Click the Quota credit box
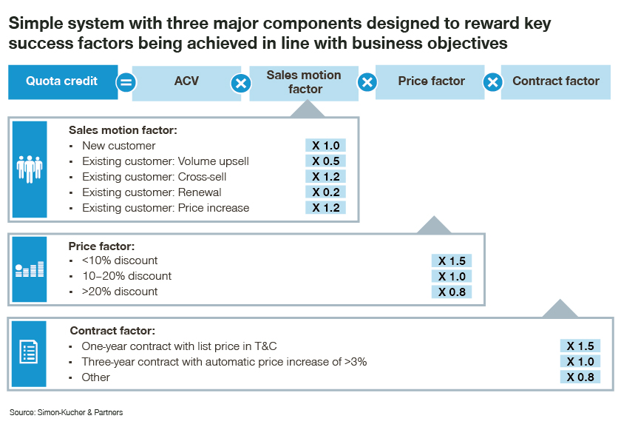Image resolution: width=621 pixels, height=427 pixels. point(63,82)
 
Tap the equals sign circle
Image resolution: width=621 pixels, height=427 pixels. point(126,83)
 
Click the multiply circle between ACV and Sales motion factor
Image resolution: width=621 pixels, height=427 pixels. point(241,84)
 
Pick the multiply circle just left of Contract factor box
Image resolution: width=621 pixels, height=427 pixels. point(492,82)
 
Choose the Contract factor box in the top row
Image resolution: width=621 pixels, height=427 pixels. point(556,82)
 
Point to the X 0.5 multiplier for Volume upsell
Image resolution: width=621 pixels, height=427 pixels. point(325,161)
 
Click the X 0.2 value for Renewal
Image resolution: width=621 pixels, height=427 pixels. point(325,192)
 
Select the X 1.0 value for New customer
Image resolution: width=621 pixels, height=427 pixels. point(325,146)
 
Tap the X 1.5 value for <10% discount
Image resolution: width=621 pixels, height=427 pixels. point(452,261)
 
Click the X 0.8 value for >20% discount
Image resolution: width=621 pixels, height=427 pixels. point(452,292)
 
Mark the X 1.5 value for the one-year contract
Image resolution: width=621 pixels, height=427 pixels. point(580,346)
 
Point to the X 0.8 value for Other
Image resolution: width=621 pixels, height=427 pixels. point(580,377)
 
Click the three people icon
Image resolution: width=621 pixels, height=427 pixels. point(30,169)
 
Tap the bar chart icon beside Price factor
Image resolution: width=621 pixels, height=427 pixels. point(30,269)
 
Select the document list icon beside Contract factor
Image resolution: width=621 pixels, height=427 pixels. point(29,352)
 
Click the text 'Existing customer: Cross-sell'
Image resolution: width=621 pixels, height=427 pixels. point(154,177)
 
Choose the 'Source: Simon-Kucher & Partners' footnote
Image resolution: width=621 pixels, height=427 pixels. point(66,412)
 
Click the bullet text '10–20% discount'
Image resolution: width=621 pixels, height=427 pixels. point(126,276)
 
